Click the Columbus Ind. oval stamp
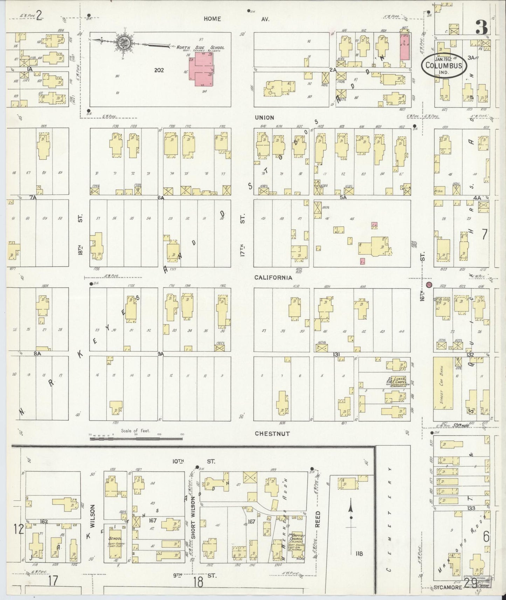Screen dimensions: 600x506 coord(444,65)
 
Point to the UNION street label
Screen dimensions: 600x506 coord(264,118)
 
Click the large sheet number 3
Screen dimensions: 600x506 coord(482,27)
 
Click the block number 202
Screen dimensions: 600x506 coord(159,70)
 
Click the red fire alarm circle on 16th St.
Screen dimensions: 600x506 coord(429,284)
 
